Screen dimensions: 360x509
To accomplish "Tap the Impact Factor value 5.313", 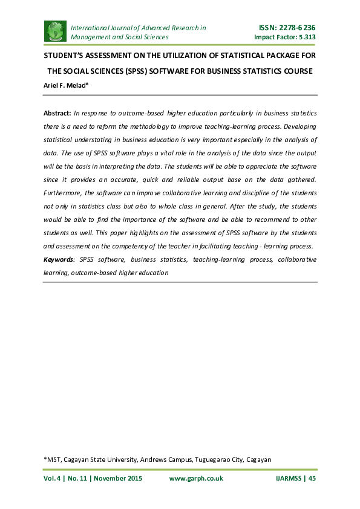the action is click(305, 37).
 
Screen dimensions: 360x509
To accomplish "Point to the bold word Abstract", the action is click(56, 113).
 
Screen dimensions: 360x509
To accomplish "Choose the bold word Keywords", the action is click(58, 259).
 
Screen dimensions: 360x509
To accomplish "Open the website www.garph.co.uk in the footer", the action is click(196, 478).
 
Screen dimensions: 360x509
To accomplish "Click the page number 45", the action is click(312, 478).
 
